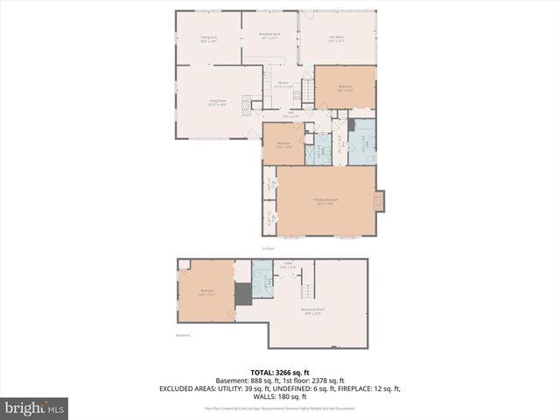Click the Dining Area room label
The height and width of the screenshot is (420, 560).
(x=208, y=38)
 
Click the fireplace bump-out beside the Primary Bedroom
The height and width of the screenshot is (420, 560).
(x=379, y=202)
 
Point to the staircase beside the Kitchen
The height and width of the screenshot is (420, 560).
(x=307, y=91)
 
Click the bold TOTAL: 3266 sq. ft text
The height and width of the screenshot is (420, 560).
(x=279, y=372)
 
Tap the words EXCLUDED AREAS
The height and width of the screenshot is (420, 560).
(x=192, y=388)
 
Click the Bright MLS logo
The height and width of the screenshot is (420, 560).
(x=35, y=408)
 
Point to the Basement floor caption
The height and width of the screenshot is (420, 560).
(x=183, y=334)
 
